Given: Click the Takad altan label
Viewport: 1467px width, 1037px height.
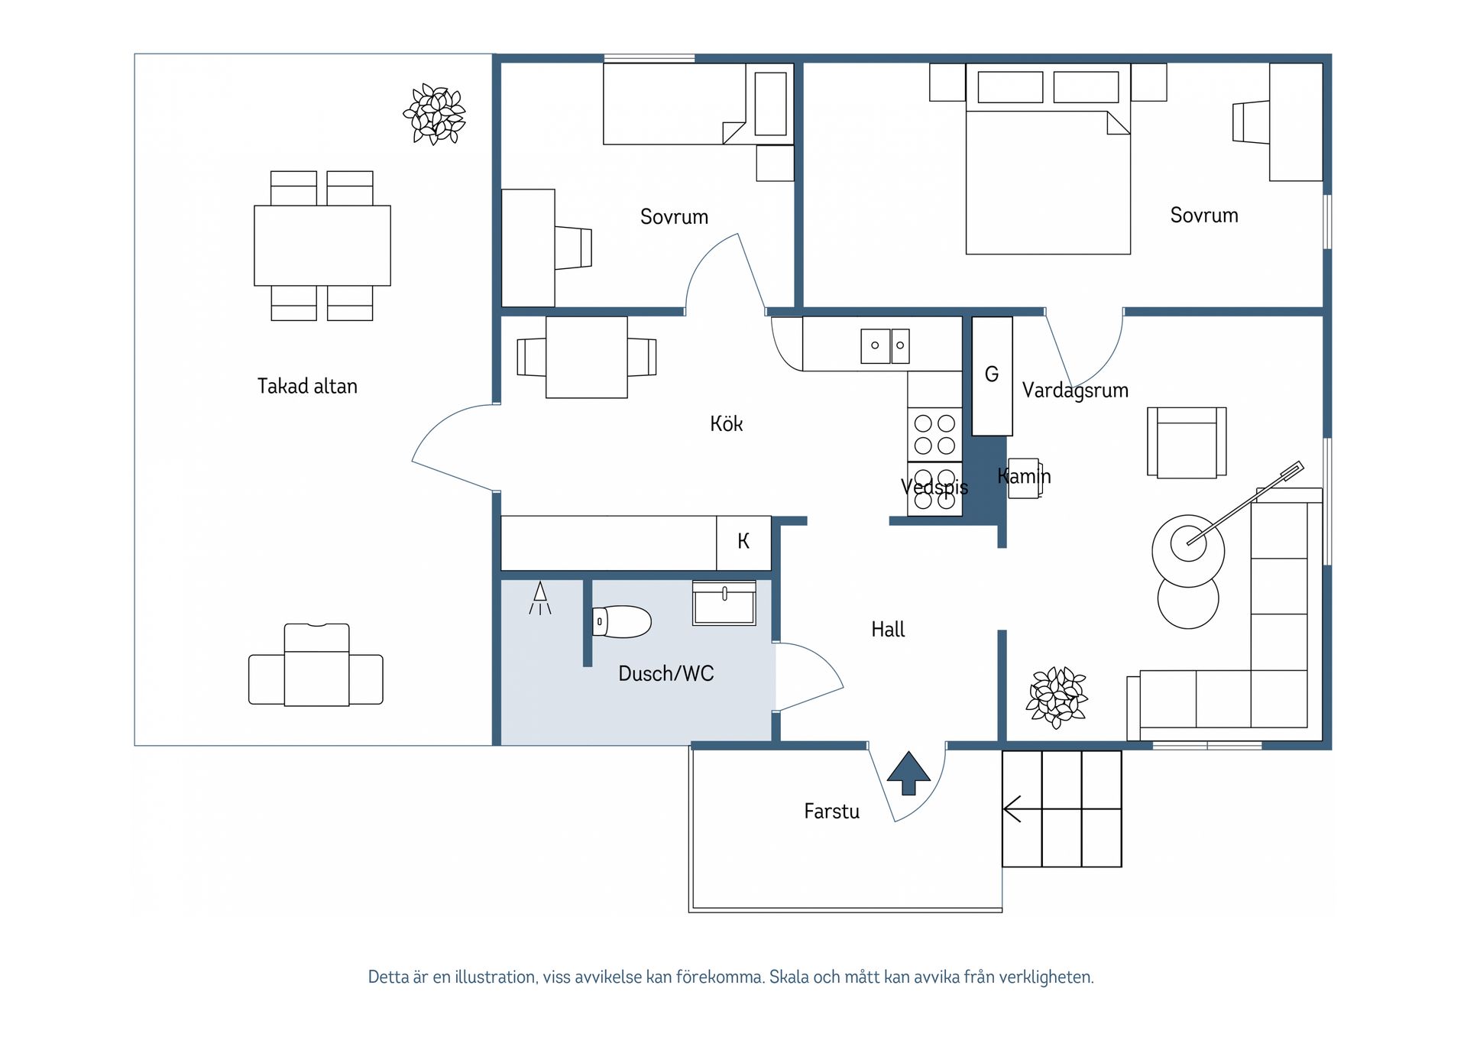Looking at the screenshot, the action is click(x=307, y=386).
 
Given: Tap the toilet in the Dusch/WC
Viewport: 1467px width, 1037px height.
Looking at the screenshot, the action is click(x=622, y=622).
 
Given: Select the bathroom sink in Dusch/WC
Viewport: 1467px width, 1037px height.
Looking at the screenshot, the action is click(x=724, y=603).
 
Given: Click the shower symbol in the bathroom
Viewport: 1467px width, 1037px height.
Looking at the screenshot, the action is click(x=540, y=598).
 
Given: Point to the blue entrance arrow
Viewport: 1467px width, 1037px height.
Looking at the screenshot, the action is click(x=908, y=773).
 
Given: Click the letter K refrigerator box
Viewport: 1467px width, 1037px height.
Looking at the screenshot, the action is click(x=743, y=543).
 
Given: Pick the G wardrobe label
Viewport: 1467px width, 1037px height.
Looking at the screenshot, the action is click(x=992, y=374).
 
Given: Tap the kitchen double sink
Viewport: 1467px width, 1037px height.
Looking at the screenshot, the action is click(x=885, y=345).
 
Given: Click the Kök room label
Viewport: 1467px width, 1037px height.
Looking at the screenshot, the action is click(x=726, y=423).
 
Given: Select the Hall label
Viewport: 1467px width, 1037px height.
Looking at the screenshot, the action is click(x=888, y=630).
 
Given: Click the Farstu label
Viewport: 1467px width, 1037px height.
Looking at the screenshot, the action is click(x=831, y=812).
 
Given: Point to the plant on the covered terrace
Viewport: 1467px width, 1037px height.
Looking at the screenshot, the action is click(x=434, y=115).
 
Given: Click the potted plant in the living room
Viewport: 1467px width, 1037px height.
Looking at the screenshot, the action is click(x=1057, y=698).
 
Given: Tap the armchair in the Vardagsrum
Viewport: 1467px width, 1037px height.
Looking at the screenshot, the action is click(x=1187, y=442).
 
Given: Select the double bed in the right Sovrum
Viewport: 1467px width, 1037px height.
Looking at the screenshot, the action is click(x=1048, y=159).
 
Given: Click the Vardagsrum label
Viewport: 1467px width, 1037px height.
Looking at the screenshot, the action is click(x=1075, y=390).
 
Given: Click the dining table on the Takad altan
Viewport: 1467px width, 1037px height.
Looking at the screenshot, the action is click(x=322, y=245).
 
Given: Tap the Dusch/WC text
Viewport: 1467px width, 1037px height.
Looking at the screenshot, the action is click(x=666, y=673).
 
